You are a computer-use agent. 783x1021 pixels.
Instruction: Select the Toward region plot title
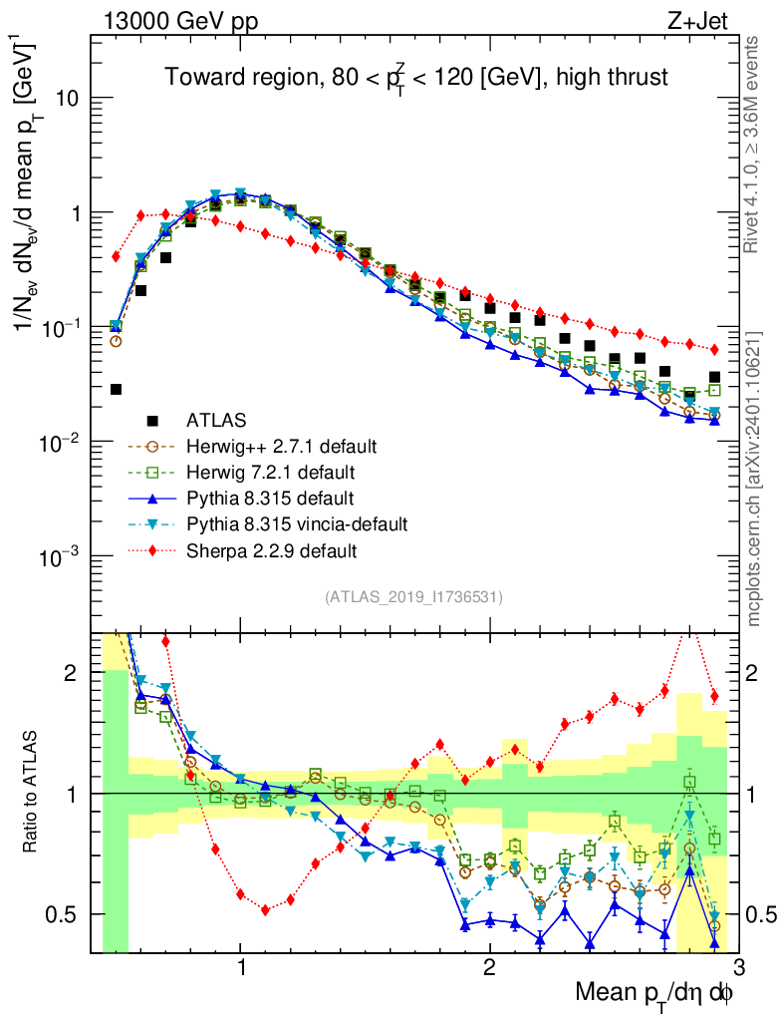click(415, 77)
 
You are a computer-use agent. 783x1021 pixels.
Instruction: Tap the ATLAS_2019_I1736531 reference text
click(413, 597)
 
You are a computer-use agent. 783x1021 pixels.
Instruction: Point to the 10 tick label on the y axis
click(68, 100)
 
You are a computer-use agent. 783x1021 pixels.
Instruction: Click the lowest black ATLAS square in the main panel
click(117, 389)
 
